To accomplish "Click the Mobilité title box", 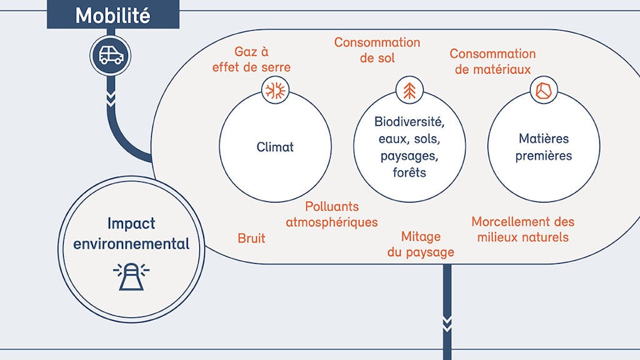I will coord(112,15).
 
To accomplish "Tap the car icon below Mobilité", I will coord(111,56).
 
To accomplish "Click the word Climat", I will coord(275,147).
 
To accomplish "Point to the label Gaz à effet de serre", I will coord(251,59).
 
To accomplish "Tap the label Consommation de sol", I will coord(377,50).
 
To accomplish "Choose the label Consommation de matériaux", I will coord(492,61).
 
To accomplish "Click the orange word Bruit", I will coord(251,238).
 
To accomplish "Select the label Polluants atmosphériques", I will coord(332,214).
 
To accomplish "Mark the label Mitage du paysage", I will coord(421,244).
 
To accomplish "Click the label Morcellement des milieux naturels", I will coord(523,229).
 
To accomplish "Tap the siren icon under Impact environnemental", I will coord(131,276).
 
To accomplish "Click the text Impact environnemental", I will coord(131,233).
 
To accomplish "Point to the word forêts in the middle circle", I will coord(409,172).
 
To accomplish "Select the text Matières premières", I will coord(543,147).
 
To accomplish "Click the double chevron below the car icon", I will coord(111,99).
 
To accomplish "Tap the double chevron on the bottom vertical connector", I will coord(447,322).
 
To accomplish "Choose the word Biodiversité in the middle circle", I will coord(409,121).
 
